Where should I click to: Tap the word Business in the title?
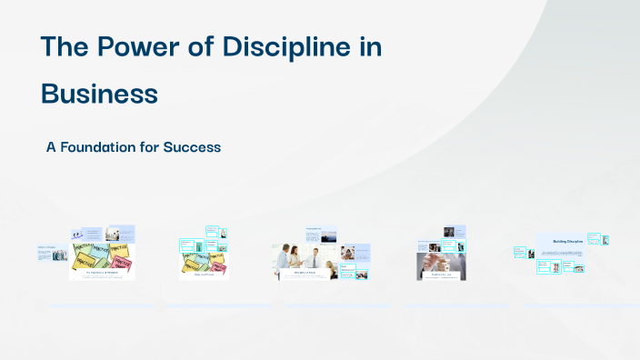point(99,94)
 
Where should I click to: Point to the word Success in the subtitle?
point(192,146)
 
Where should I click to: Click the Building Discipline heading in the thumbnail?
point(567,241)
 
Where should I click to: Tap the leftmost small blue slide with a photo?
point(51,253)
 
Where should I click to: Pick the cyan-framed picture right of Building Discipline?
point(594,239)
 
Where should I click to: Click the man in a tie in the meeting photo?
point(315,257)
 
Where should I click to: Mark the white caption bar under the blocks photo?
point(441,276)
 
